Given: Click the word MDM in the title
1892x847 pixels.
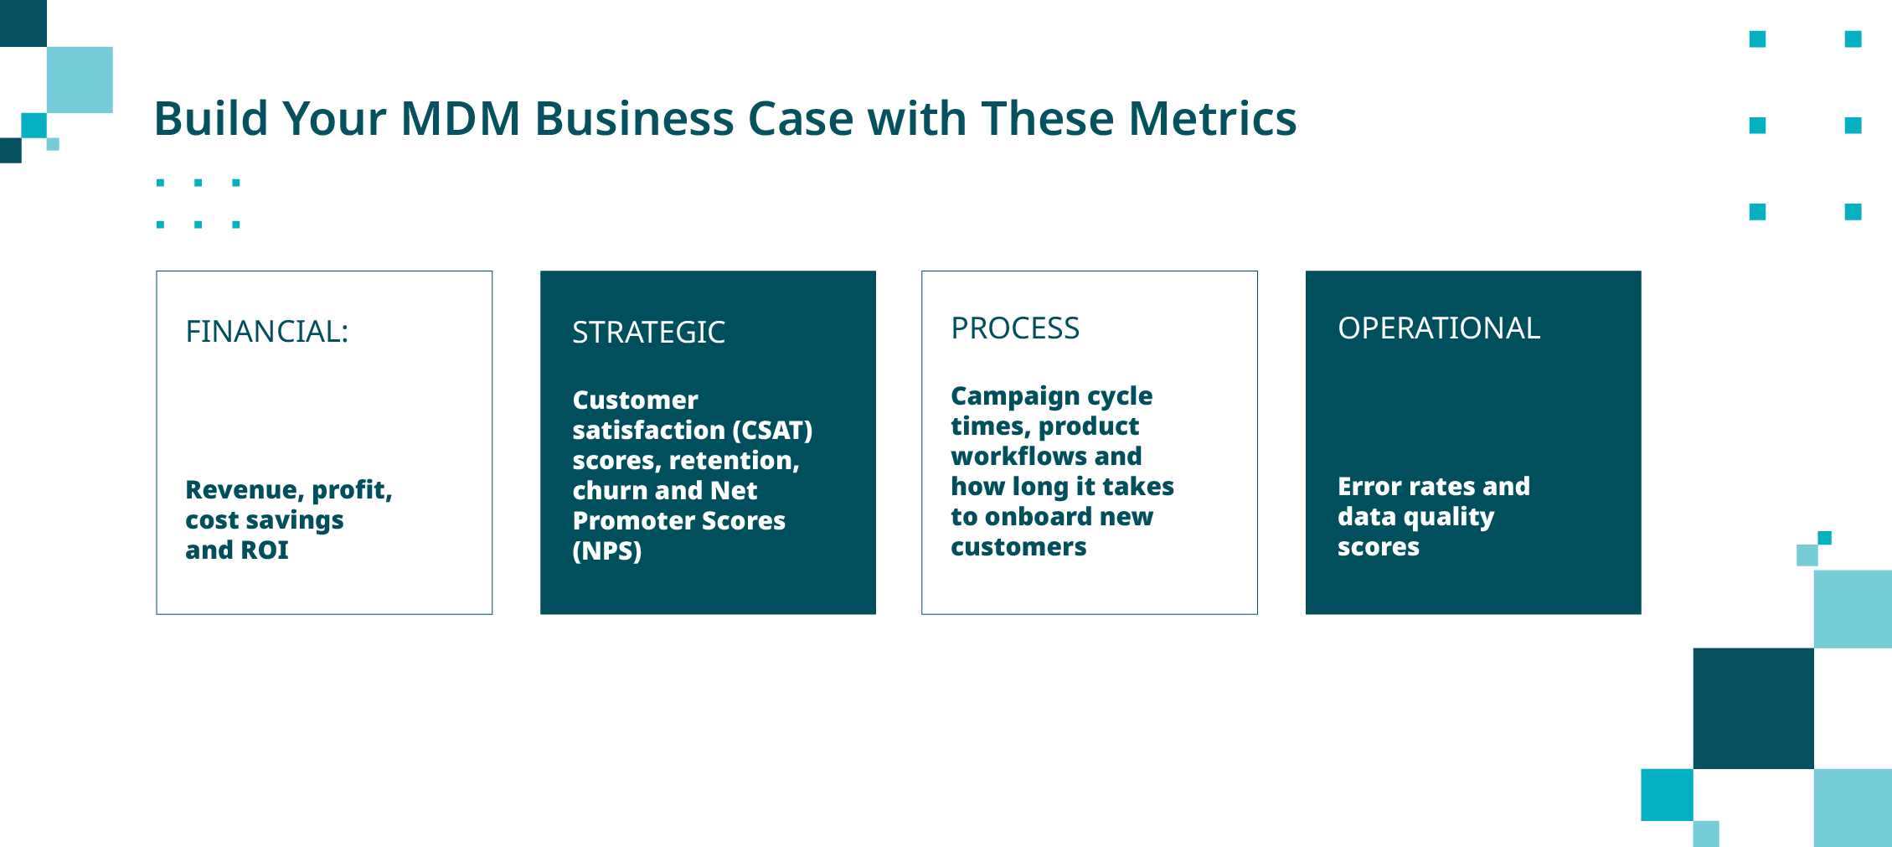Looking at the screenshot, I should point(460,119).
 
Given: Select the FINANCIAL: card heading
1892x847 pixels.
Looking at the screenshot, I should point(266,332).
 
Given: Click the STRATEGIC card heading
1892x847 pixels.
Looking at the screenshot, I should point(648,333).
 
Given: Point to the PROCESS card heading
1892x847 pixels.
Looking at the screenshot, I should point(1015,328).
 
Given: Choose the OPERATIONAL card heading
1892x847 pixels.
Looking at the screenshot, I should point(1439,328).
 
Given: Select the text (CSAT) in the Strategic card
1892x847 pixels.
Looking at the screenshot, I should point(772,431).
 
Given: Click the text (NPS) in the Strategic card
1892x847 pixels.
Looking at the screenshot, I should point(606,551).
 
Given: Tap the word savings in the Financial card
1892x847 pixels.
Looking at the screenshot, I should point(294,521).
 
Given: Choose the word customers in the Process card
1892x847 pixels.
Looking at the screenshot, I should point(1018,547).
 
